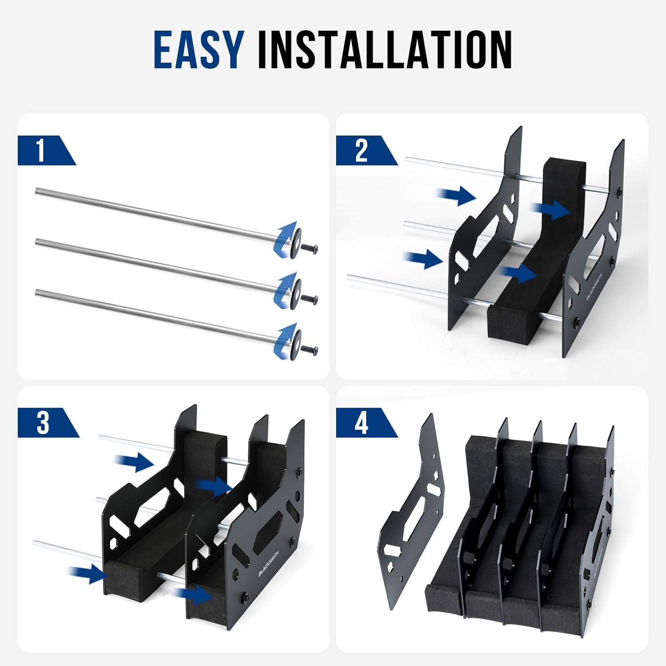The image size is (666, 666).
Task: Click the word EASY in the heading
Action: pos(198,50)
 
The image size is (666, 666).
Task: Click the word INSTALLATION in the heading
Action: pos(385,50)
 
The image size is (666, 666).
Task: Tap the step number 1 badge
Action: pos(42,151)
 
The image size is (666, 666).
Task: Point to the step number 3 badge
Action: pos(44,422)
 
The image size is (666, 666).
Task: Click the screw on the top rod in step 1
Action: pos(309,248)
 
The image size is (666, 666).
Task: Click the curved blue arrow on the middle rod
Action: pos(284,289)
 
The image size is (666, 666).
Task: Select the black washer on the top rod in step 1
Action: pos(295,243)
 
